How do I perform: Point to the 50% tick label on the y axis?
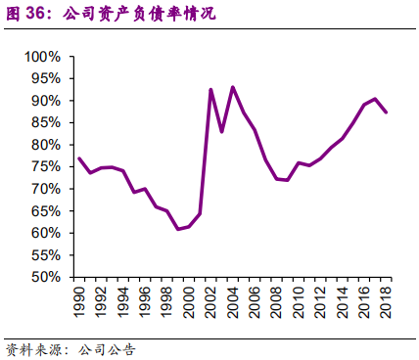(43, 277)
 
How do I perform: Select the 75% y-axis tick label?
(43, 166)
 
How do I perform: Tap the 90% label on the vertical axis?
(43, 101)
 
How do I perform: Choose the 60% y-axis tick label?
(43, 233)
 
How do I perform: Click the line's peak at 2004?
(232, 87)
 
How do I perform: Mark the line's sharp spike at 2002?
(211, 89)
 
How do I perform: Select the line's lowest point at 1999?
(178, 229)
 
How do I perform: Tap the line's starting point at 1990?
(79, 158)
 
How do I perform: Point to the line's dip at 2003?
(221, 131)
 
